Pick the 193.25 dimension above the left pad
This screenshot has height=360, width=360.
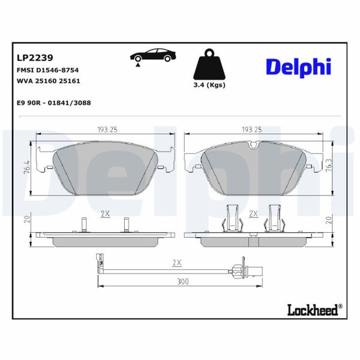point(106,129)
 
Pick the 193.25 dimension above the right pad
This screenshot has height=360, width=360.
point(251,129)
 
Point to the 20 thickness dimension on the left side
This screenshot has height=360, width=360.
point(26,220)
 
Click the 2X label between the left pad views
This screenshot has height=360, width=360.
point(105,214)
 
